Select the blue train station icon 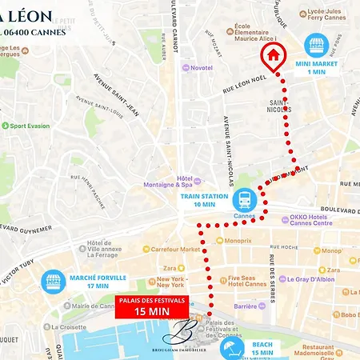coord(242,197)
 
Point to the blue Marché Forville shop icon coord(53,281)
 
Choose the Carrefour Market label coord(174,249)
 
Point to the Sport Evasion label coord(30,126)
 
